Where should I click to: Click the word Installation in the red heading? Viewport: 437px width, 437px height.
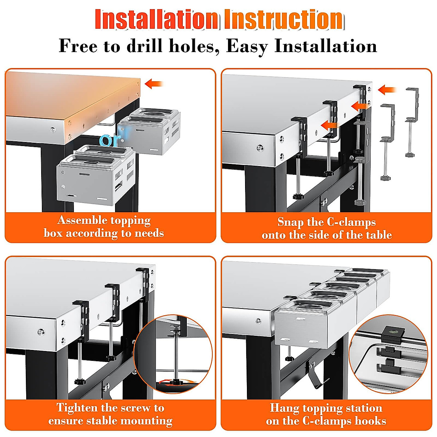(157, 19)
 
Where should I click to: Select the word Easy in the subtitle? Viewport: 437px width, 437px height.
(247, 47)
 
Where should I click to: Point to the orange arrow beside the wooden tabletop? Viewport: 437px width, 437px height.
(154, 84)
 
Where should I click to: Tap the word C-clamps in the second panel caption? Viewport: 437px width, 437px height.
(351, 223)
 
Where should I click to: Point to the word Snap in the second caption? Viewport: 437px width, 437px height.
(290, 223)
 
